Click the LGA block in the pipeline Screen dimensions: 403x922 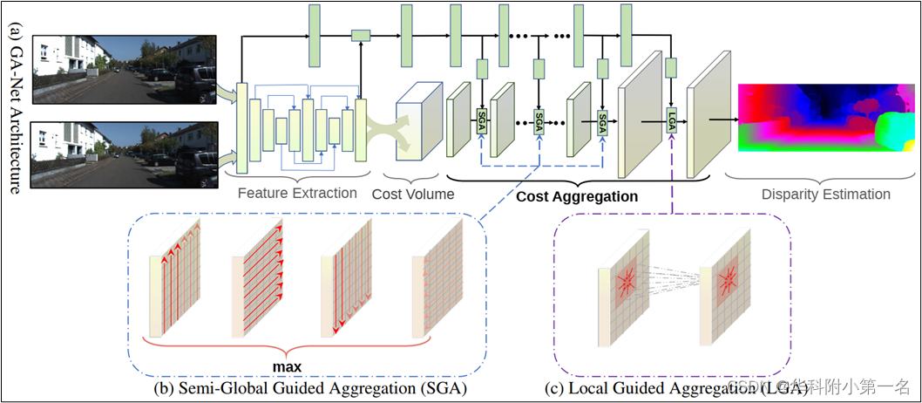(672, 122)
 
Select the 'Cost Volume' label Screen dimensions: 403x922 (413, 194)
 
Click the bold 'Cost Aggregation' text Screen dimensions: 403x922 (577, 197)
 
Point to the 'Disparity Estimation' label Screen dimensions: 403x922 (826, 194)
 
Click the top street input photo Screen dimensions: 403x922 (124, 69)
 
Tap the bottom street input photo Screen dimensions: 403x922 (124, 154)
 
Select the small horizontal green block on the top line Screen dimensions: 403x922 (361, 35)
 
